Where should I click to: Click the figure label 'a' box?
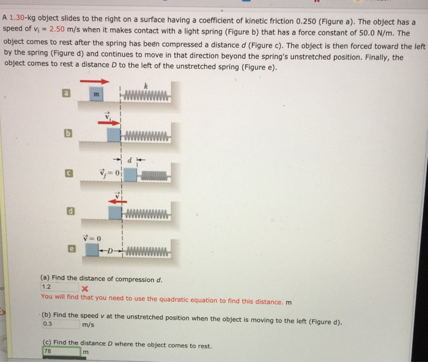point(65,93)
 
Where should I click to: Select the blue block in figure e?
point(92,250)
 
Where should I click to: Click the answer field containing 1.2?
point(59,286)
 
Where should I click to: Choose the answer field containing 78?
point(61,352)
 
